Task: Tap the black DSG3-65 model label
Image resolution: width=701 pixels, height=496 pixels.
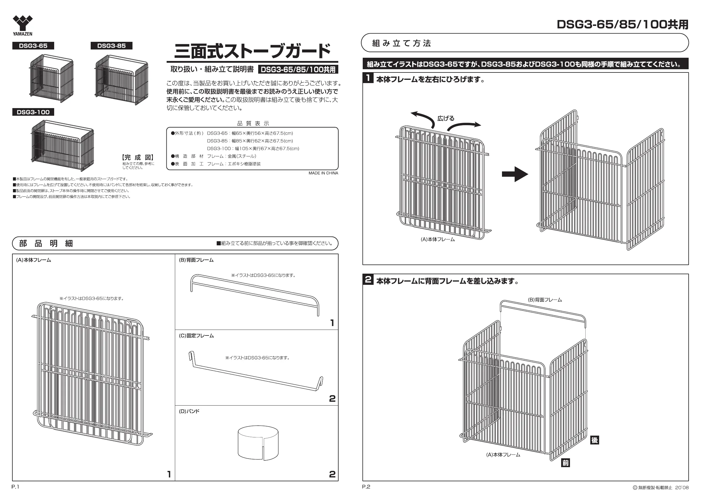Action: (x=33, y=46)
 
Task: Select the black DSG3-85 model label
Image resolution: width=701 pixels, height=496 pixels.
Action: (x=112, y=46)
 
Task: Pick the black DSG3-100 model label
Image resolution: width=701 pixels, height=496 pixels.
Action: (x=33, y=112)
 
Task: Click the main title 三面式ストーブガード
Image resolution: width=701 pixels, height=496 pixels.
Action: (x=252, y=51)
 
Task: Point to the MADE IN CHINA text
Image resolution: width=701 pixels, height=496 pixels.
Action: (x=323, y=173)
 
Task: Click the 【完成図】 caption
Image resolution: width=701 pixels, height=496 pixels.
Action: (x=138, y=158)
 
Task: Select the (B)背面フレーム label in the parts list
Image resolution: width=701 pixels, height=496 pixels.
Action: (x=196, y=260)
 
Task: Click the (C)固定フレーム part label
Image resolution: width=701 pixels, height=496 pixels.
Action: (x=196, y=336)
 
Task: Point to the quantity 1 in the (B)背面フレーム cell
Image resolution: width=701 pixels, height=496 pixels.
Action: (x=332, y=323)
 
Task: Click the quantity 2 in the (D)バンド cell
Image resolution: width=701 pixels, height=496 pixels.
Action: (x=332, y=474)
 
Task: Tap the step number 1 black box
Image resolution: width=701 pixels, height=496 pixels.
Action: (x=368, y=78)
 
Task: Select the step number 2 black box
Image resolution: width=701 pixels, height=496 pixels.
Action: (x=368, y=280)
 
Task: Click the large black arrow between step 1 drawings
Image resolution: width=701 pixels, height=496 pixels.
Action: (x=515, y=174)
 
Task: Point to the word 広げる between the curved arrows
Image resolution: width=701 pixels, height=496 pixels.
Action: (x=446, y=118)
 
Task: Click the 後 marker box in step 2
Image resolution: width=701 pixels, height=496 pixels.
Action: (x=594, y=440)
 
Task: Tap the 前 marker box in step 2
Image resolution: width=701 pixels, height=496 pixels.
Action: (x=566, y=463)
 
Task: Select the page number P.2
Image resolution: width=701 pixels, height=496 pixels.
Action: (x=366, y=487)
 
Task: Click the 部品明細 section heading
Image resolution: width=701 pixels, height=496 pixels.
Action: (x=46, y=243)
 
